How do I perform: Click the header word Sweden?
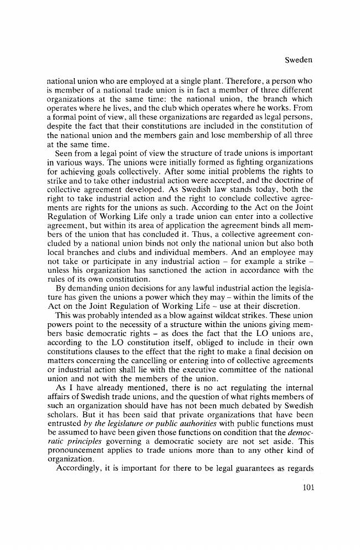(x=299, y=59)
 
